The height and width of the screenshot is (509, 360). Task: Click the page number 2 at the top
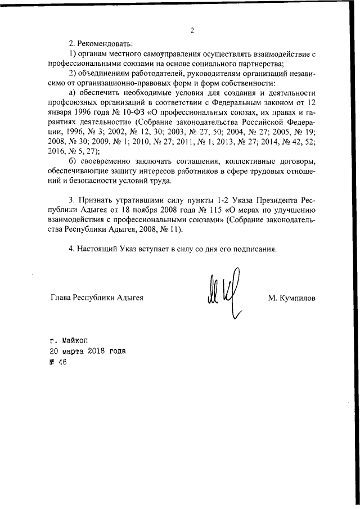(191, 31)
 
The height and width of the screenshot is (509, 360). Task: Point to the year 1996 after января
(80, 111)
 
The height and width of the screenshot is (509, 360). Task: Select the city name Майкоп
(73, 340)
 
